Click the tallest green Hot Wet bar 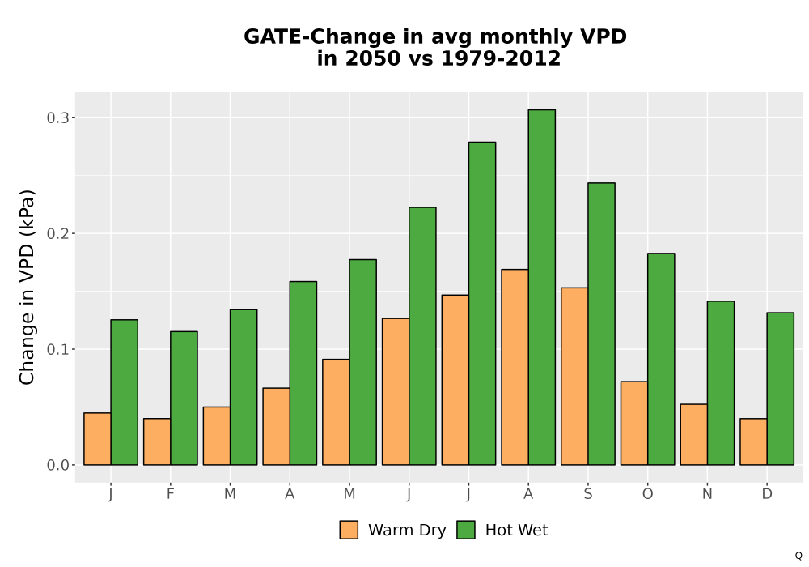pos(542,287)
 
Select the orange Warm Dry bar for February pos(157,441)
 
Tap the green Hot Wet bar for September pos(601,324)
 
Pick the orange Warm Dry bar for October pos(634,423)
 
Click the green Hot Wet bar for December pos(780,389)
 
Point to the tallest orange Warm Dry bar pos(515,367)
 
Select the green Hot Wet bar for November pos(721,383)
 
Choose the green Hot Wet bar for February pos(184,399)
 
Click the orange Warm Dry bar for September pos(574,377)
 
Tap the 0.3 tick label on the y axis pos(57,117)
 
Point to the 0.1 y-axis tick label pos(57,350)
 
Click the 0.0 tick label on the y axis pos(57,465)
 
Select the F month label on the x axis pos(170,494)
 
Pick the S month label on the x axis pos(588,494)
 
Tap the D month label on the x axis pos(767,494)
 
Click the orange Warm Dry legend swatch pos(349,530)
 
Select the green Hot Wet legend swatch pos(466,530)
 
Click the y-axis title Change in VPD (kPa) pos(27,288)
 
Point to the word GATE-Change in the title pos(327,36)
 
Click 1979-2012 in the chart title pos(500,58)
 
